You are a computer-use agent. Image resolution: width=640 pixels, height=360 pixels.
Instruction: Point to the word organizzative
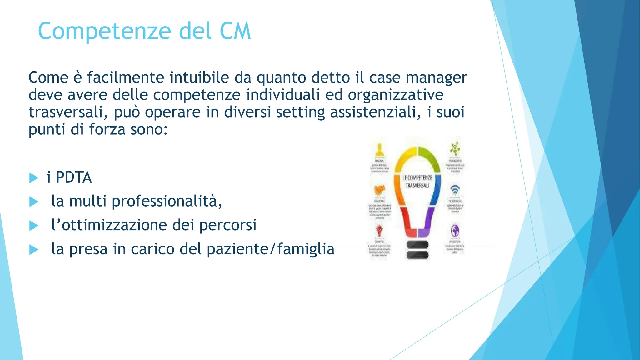[x=396, y=95]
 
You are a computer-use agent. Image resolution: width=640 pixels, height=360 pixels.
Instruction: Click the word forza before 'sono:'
[x=107, y=129]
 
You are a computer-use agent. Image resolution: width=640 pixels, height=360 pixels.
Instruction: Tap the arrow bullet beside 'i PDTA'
[x=33, y=178]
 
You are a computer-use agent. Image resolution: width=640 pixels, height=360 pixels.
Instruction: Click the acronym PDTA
[x=74, y=177]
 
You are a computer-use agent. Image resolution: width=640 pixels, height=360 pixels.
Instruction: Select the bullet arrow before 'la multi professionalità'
[x=33, y=202]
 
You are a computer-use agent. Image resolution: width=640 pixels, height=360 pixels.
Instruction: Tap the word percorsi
[x=228, y=225]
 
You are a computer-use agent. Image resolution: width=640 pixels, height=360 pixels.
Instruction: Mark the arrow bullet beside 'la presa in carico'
[x=33, y=250]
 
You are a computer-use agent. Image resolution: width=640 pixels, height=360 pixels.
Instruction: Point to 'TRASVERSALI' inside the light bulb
[x=417, y=186]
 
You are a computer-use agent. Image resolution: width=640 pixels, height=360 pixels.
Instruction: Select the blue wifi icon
[x=455, y=190]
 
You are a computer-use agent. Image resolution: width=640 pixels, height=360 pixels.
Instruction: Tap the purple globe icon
[x=455, y=231]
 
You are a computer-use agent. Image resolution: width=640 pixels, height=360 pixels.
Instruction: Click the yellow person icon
[x=380, y=149]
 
